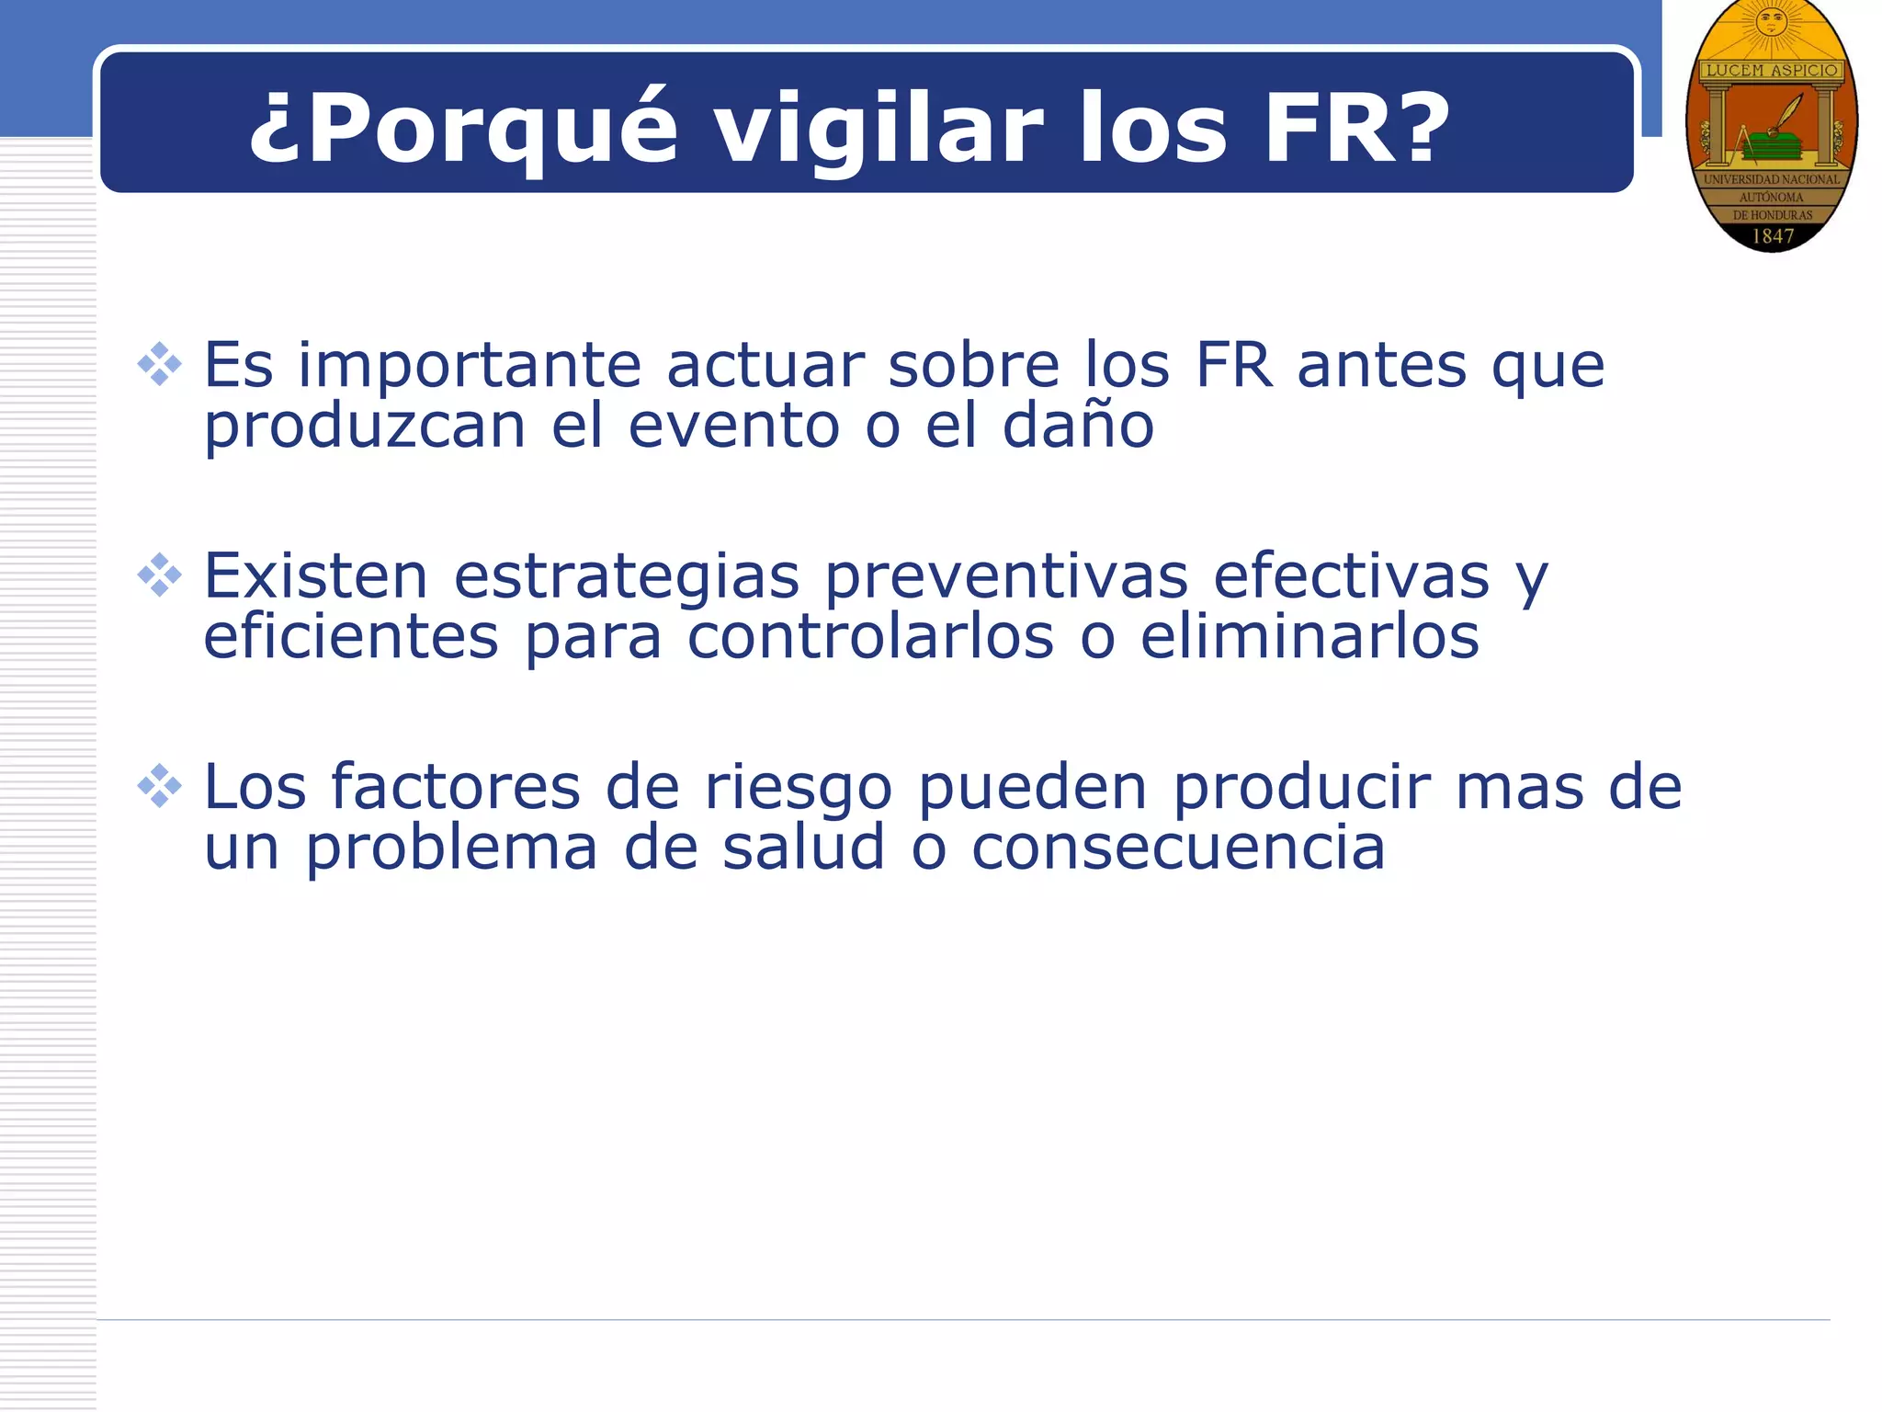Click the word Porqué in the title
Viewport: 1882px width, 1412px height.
463,129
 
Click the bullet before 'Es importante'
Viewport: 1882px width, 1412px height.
160,364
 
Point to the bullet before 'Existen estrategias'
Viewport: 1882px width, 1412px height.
160,575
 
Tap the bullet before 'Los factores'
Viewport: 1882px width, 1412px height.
160,786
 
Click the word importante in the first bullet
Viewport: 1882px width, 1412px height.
469,366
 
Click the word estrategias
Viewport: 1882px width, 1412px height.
627,577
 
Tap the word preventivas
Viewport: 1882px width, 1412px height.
1006,577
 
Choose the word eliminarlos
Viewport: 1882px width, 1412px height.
1309,636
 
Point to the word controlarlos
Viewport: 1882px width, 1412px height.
870,636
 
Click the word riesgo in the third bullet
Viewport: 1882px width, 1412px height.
798,789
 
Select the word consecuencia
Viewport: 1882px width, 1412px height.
1178,847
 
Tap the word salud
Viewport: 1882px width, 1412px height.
803,847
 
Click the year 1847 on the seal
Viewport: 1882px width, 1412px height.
1773,236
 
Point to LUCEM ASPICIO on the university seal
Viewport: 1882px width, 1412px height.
1772,70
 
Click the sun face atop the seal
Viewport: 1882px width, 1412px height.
1771,20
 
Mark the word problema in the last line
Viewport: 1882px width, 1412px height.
451,848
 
